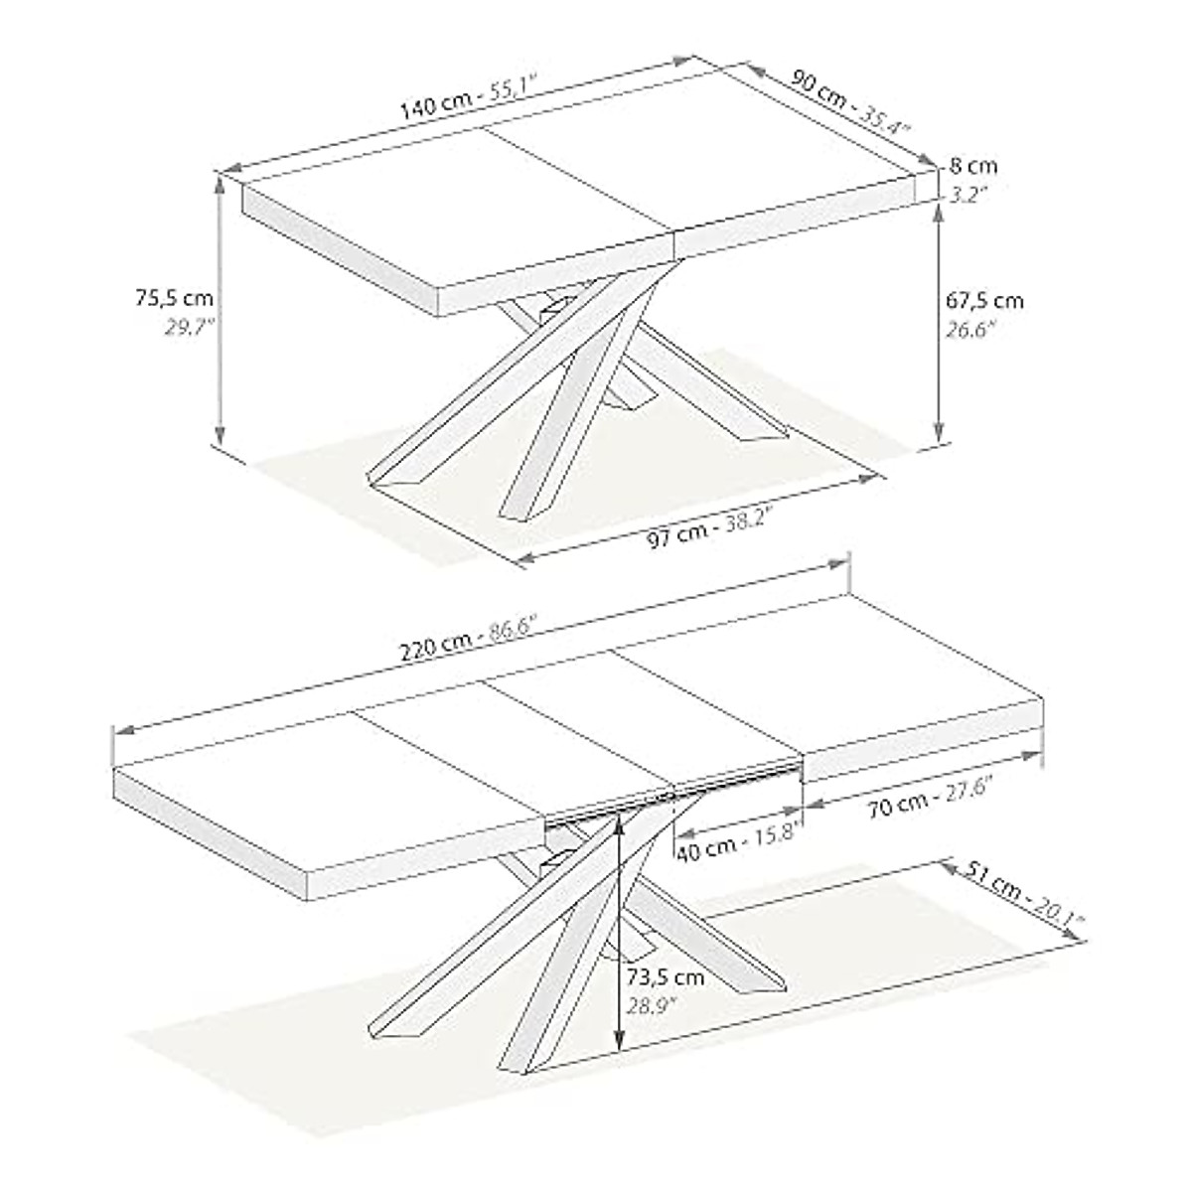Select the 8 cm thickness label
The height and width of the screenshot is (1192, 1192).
click(x=972, y=166)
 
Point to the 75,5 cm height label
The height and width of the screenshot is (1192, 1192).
click(x=174, y=296)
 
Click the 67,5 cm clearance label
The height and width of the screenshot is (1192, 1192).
click(x=982, y=300)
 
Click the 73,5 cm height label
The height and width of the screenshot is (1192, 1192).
click(x=666, y=976)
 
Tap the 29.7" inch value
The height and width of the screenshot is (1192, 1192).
click(x=190, y=327)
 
